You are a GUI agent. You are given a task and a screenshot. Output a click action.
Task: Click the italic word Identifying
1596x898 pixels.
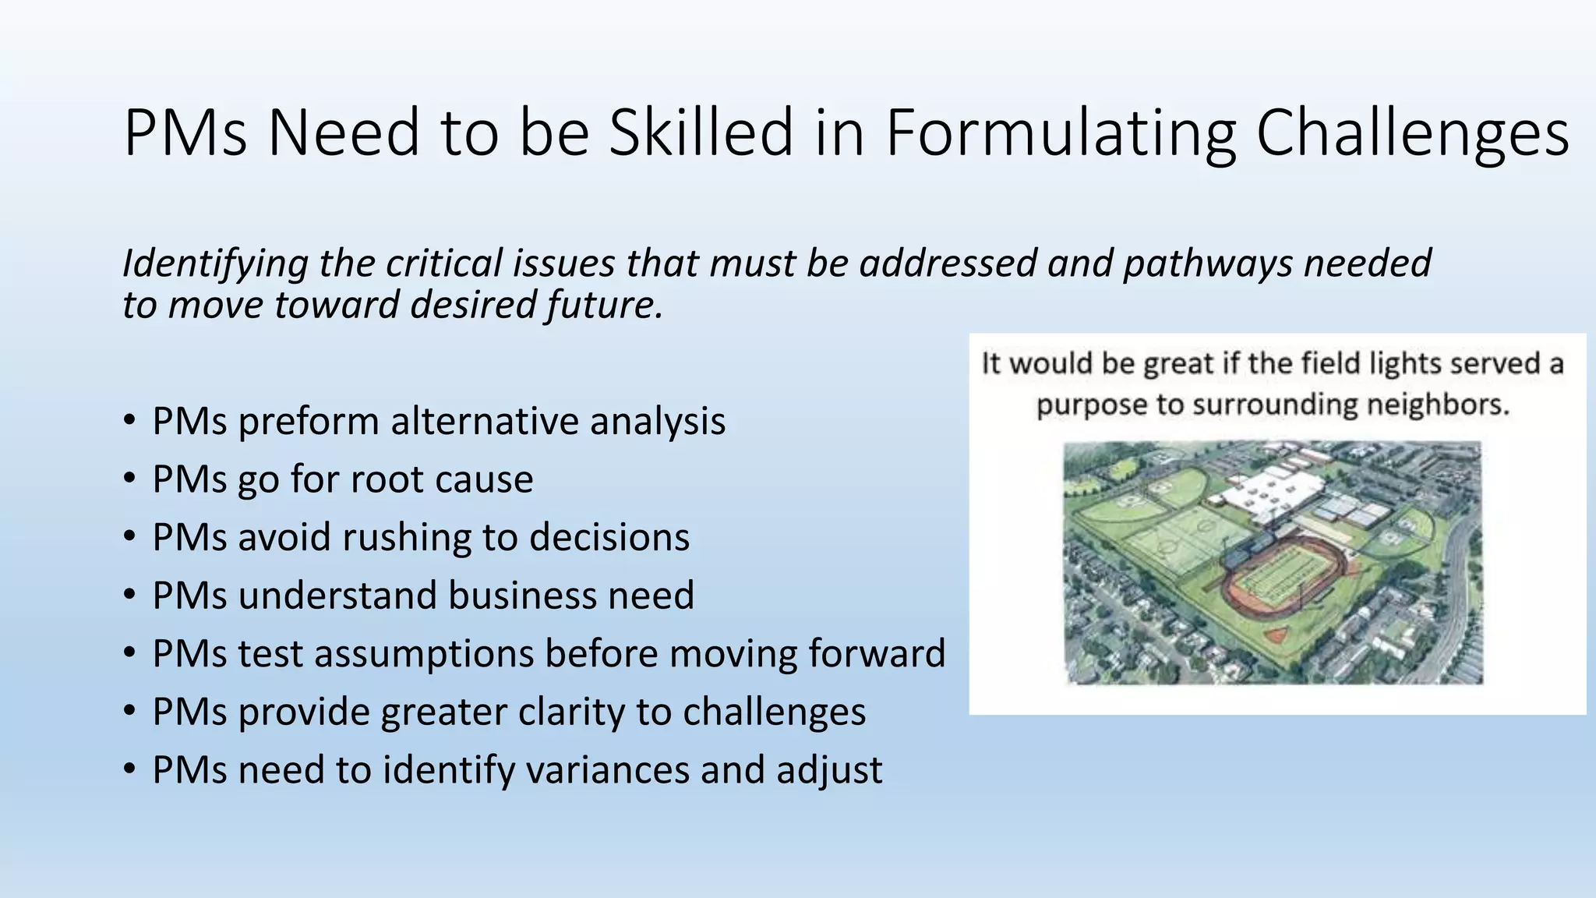[x=215, y=263]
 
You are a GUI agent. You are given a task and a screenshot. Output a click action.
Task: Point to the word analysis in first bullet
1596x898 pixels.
[x=658, y=422]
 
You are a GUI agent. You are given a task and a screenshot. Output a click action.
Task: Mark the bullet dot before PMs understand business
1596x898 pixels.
[x=130, y=594]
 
